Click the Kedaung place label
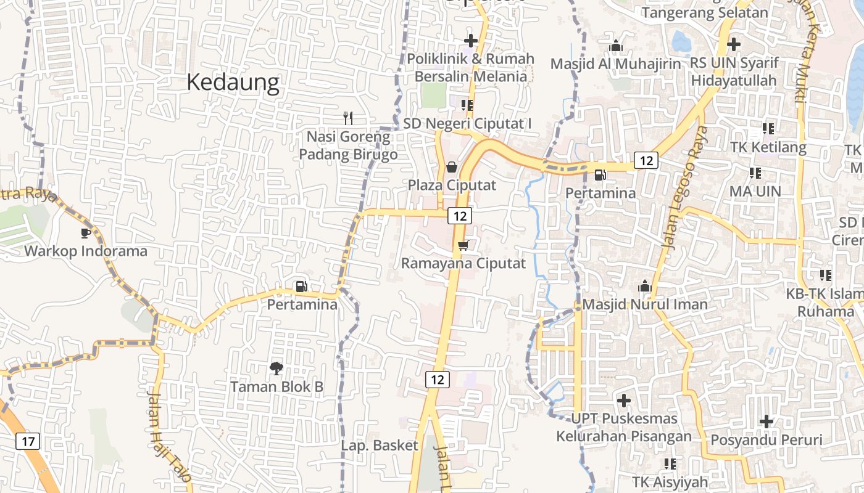233,82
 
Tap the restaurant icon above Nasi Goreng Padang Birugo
348,118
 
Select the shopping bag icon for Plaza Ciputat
452,167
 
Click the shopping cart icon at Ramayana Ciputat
463,246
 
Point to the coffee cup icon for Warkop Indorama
86,233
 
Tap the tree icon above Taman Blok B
276,369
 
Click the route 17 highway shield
28,441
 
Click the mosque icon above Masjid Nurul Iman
645,287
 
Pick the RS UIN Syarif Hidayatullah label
734,71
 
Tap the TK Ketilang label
768,147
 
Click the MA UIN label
755,191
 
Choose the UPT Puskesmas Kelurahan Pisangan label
624,427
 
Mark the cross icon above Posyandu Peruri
766,422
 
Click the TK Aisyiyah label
670,481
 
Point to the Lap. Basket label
380,445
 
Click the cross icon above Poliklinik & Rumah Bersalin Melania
471,41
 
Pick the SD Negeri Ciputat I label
467,123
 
